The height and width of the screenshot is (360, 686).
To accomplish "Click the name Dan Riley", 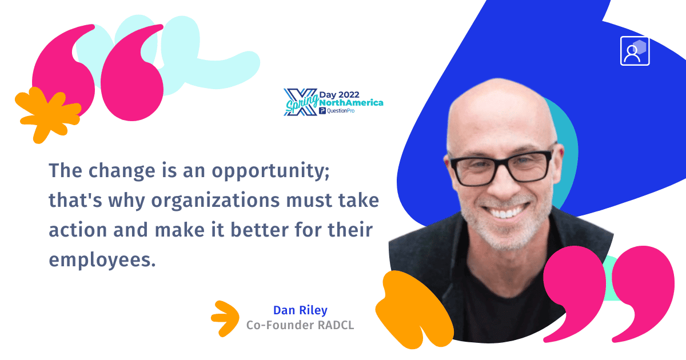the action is [x=300, y=310].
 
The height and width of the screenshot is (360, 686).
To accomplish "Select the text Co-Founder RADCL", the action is [x=300, y=325].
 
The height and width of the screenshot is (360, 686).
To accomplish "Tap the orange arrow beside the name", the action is [x=225, y=319].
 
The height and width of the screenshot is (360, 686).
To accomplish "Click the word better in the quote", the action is [x=260, y=230].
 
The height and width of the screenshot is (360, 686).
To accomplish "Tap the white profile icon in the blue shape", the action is [x=635, y=51].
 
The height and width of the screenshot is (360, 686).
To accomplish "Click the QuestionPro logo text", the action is [x=337, y=111].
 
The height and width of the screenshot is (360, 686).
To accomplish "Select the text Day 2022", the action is [x=340, y=95].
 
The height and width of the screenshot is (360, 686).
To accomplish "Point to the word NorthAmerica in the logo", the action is [x=351, y=103].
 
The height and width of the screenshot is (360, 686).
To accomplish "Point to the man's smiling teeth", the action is [x=506, y=213].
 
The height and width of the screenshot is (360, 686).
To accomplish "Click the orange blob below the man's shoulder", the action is [x=413, y=309].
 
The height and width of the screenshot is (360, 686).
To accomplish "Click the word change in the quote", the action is [x=122, y=171].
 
